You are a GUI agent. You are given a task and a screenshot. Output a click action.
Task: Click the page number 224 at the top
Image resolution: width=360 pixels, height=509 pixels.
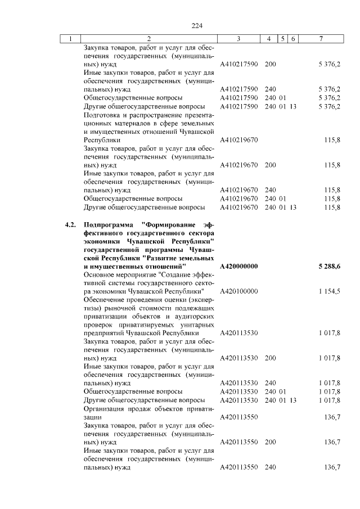196,26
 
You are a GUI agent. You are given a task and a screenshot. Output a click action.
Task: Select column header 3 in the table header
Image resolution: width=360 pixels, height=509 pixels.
238,39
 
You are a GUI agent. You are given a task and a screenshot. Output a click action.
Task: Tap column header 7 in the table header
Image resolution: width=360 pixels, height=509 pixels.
320,39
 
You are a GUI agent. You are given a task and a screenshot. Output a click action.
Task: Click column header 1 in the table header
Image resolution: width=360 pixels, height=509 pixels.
70,39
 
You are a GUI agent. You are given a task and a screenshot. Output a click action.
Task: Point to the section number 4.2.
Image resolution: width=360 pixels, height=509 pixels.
70,225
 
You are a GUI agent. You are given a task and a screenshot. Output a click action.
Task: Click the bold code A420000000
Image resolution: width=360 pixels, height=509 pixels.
239,265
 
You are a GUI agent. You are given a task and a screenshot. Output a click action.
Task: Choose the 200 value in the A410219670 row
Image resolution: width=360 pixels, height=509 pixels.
270,165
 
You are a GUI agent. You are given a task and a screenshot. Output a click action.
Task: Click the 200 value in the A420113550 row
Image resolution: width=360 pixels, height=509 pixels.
270,442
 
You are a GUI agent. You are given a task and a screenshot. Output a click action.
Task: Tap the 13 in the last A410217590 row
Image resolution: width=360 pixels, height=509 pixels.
293,106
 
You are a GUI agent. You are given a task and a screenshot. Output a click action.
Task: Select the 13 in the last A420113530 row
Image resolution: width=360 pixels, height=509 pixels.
293,400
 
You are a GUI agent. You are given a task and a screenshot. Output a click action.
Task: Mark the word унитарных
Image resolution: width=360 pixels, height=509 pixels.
195,325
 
